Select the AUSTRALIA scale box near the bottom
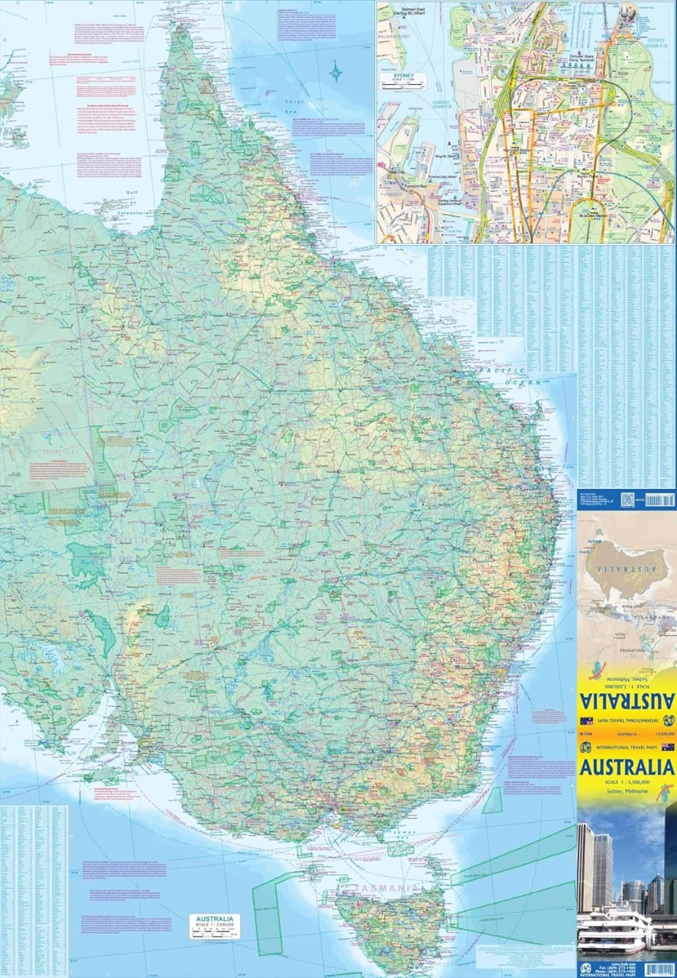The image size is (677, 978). coord(215,925)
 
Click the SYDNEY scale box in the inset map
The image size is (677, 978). coord(403,81)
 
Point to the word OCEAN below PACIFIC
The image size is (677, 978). coord(527,381)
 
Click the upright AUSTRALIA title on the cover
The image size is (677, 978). coord(627,767)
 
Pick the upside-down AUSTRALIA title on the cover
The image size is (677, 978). coord(627,699)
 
